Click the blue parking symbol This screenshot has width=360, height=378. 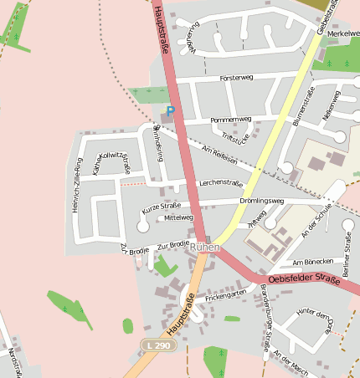(171, 110)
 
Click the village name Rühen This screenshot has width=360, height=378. (205, 248)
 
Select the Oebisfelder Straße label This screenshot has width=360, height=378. (305, 279)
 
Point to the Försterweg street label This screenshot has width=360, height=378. (236, 78)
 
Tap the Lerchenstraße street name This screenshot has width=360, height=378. (220, 183)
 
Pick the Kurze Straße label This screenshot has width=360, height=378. (161, 206)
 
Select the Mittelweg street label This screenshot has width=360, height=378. (178, 217)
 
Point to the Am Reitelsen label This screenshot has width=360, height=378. (219, 154)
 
